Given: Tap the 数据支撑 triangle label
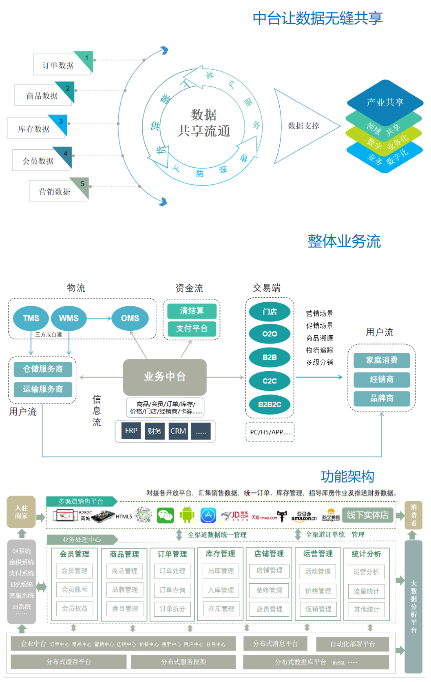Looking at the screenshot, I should (303, 126).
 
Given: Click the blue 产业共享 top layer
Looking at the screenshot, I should (385, 102).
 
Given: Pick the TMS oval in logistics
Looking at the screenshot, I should (31, 318).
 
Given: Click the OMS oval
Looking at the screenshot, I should (130, 318).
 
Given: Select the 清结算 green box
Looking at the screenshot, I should (192, 311).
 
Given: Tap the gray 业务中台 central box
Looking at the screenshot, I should (165, 376).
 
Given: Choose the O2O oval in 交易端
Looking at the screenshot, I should (270, 334).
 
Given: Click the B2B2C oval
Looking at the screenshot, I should (270, 405).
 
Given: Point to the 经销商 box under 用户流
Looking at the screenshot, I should (382, 379).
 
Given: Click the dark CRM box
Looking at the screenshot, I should (178, 431).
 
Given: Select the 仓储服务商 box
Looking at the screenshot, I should (43, 369).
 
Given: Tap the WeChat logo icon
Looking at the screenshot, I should (166, 516).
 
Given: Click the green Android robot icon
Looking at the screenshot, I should (187, 515).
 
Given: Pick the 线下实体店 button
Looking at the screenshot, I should (368, 515).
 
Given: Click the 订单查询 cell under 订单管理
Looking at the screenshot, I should (172, 590).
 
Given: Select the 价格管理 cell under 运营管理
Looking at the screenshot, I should (318, 591).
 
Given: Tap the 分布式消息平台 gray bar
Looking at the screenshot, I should (275, 644).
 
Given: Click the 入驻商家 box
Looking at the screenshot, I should (21, 512).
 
